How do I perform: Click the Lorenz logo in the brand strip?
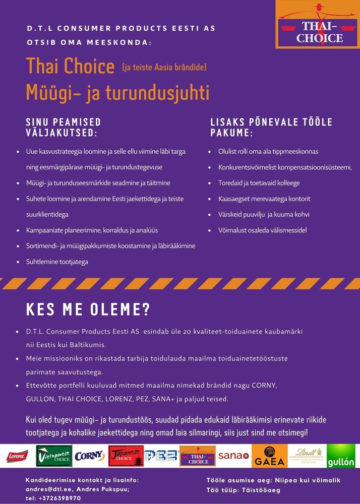click(17, 456)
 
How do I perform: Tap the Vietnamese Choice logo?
click(53, 456)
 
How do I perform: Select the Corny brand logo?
click(89, 456)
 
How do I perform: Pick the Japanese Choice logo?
click(126, 456)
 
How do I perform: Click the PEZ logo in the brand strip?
click(161, 456)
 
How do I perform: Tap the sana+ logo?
click(233, 456)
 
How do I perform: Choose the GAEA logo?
click(269, 456)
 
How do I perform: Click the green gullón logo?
click(341, 456)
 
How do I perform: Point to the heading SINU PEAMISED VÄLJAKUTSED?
click(63, 127)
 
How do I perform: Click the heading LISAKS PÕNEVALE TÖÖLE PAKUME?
click(271, 127)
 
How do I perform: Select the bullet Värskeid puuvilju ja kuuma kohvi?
click(264, 214)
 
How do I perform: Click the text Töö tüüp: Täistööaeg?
click(243, 489)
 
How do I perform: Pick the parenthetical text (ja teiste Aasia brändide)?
click(164, 67)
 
